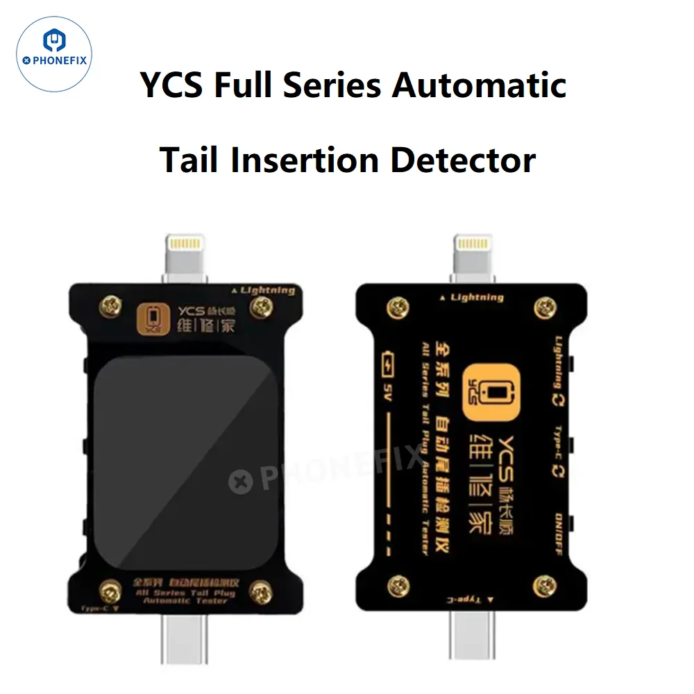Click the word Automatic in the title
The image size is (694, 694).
[x=479, y=85]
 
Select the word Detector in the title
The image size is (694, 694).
[x=463, y=160]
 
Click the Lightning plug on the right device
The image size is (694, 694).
[x=473, y=255]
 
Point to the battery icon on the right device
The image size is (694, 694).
[x=388, y=364]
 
